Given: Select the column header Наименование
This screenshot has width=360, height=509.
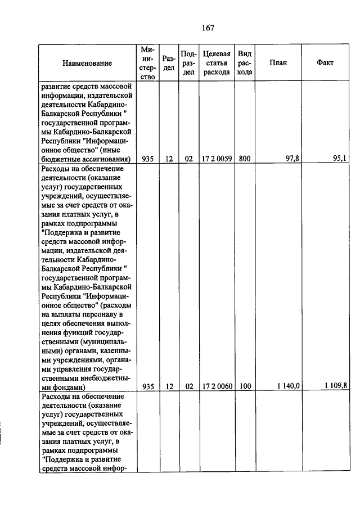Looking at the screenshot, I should click(x=87, y=63).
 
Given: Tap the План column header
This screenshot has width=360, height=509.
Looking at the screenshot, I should click(x=278, y=63).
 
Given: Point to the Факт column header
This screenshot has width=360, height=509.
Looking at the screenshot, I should click(x=325, y=63).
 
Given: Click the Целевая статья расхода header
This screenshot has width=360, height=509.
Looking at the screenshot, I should click(x=217, y=63).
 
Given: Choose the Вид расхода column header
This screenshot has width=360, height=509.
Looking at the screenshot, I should click(x=244, y=63).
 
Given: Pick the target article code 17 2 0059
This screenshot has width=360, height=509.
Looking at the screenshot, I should click(x=217, y=159).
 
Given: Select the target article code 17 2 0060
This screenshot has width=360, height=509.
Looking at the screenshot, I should click(x=217, y=386).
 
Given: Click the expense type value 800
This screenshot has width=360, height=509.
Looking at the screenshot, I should click(x=244, y=159).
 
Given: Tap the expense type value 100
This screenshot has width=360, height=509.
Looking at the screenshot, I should click(x=244, y=386).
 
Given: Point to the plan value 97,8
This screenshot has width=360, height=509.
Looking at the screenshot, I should click(x=291, y=159).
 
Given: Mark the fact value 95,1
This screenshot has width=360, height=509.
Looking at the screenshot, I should click(x=340, y=159).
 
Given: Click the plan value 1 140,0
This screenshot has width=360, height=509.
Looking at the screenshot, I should click(x=289, y=386).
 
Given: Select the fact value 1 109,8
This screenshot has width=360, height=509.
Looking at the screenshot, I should click(x=336, y=386).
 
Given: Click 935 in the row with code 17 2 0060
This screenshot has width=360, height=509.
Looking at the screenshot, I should click(x=148, y=386).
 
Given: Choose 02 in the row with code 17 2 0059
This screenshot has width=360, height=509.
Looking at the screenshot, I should click(x=189, y=159).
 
